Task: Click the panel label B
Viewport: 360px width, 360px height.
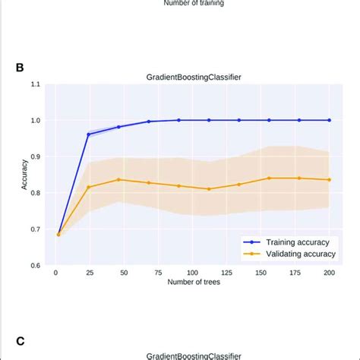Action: click(19, 67)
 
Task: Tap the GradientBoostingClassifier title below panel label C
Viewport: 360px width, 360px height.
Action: click(194, 355)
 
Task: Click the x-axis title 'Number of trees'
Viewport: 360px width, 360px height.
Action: click(192, 283)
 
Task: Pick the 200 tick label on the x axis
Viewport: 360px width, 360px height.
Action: click(329, 273)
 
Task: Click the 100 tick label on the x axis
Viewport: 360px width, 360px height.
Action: click(192, 273)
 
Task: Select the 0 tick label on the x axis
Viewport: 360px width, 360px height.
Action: click(55, 273)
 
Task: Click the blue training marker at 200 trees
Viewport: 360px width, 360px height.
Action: click(329, 120)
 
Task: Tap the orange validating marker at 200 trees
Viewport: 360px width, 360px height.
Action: click(329, 180)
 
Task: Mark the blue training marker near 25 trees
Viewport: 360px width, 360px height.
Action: click(88, 134)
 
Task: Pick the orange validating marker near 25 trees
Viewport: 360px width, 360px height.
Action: click(88, 187)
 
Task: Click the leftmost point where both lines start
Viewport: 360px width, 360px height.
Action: click(58, 235)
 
